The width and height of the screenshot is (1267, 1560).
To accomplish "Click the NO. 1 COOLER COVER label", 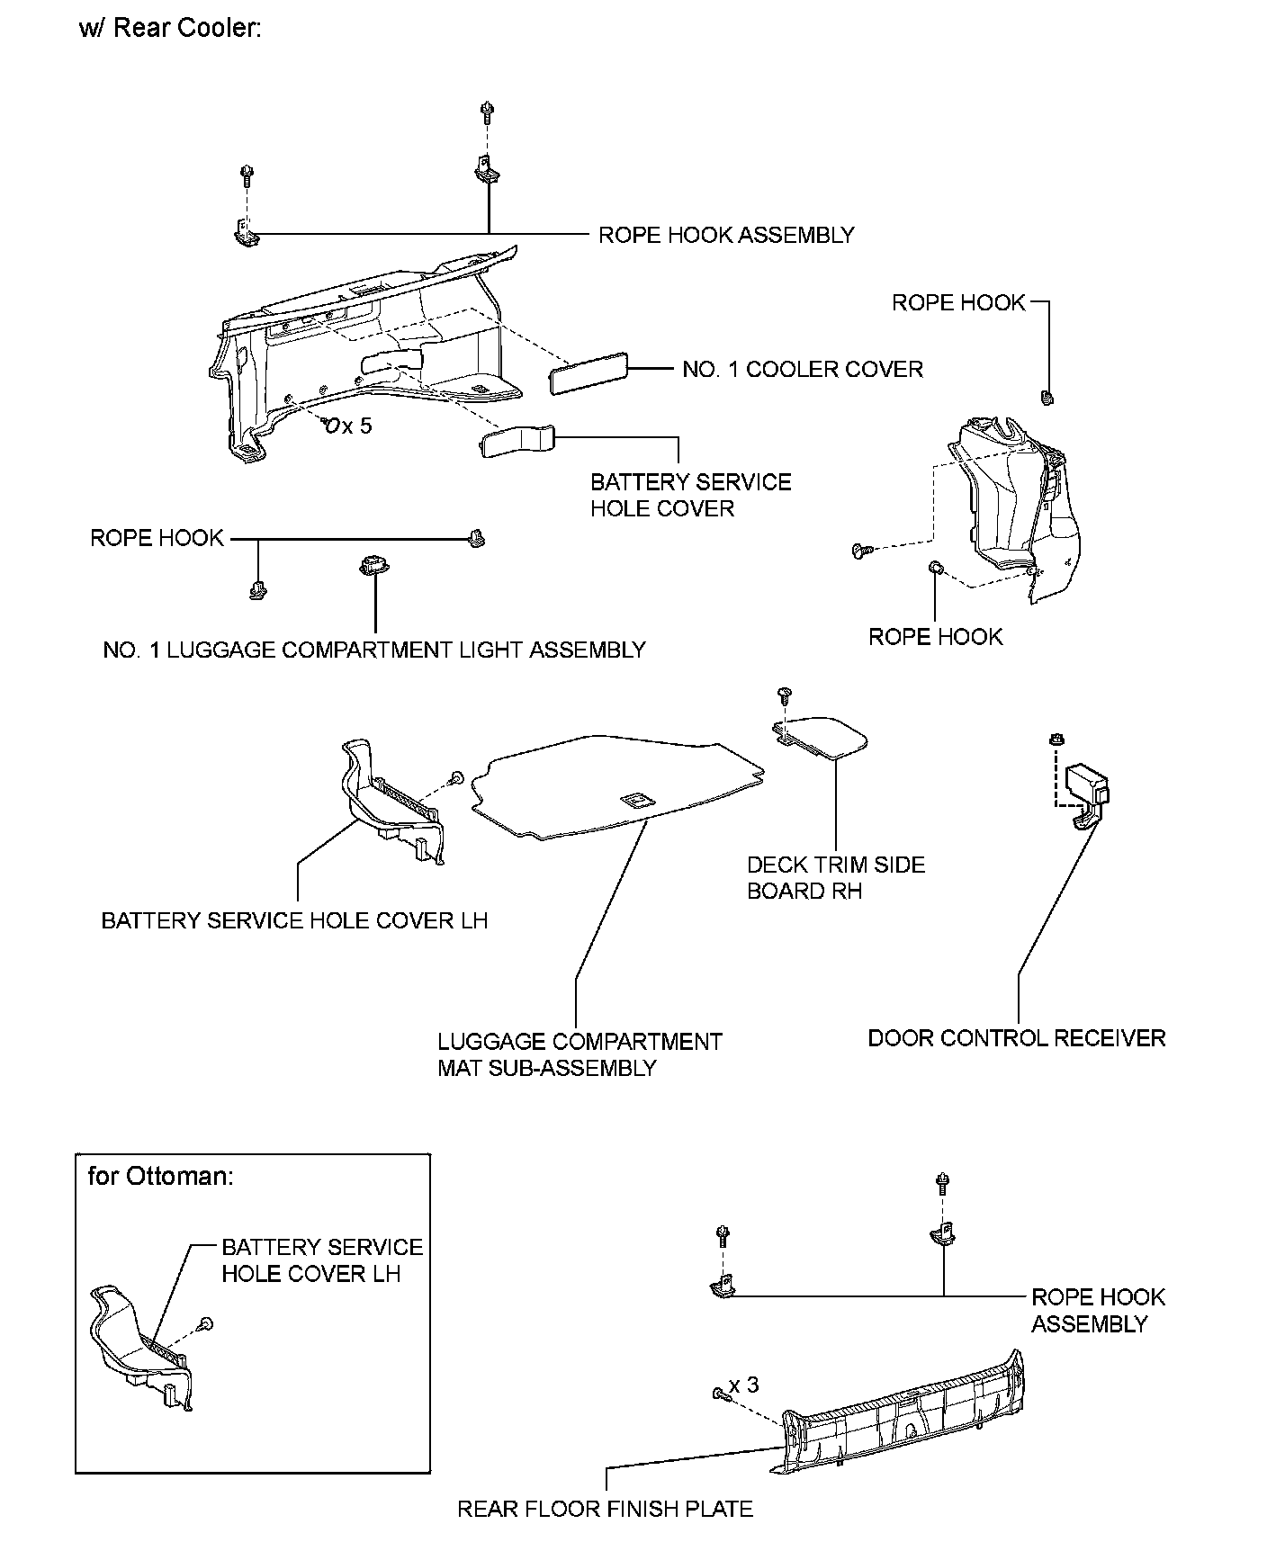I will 802,369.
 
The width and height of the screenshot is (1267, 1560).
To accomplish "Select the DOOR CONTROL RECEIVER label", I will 1016,1037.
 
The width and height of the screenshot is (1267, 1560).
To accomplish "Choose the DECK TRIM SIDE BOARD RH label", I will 835,877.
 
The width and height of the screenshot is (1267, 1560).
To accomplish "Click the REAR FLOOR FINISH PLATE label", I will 605,1509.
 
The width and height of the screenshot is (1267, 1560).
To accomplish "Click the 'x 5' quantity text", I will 357,426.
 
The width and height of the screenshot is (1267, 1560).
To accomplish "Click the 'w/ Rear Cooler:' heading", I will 170,28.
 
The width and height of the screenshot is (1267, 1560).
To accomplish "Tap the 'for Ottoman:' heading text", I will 160,1176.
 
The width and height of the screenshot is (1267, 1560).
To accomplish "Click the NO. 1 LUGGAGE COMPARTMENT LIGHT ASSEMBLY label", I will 374,650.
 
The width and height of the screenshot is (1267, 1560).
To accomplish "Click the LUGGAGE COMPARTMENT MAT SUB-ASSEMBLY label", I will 580,1054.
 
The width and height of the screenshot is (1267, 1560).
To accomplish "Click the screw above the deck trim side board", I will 784,694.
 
